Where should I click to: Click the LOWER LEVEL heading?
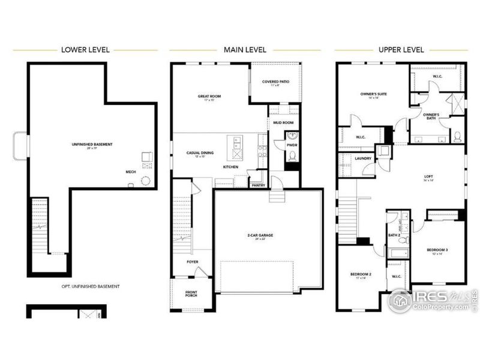click(85, 49)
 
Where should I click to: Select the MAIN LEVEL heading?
click(246, 49)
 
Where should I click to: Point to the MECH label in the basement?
click(130, 171)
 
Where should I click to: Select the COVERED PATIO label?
click(274, 82)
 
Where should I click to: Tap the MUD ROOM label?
click(283, 122)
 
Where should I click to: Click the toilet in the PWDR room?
click(292, 156)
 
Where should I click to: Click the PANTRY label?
click(259, 185)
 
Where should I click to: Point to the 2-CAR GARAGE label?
click(261, 235)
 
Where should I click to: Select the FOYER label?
click(193, 262)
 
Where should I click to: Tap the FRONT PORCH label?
click(190, 294)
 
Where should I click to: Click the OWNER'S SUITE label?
click(373, 94)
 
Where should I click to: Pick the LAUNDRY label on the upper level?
click(364, 158)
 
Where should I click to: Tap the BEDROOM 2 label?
click(361, 274)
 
